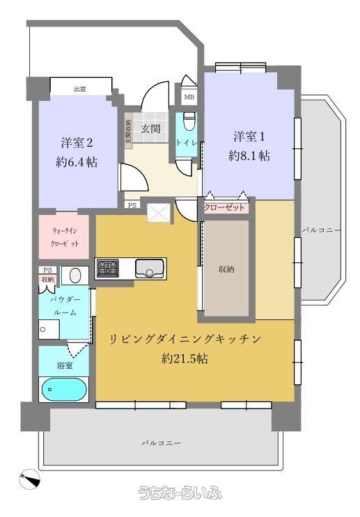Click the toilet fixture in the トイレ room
[x=189, y=120]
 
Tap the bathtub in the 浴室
[x=64, y=390]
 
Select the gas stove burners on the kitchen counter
[x=107, y=268]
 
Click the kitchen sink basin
[x=150, y=268]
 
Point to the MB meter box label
[x=189, y=97]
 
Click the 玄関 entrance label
[x=151, y=129]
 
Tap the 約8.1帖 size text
[x=249, y=156]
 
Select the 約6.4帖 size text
[x=77, y=162]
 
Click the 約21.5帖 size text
[x=185, y=358]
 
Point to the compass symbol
[x=29, y=479]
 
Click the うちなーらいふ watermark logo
[x=180, y=493]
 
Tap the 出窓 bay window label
[x=80, y=89]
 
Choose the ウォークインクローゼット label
[x=65, y=237]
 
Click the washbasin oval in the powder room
[x=75, y=275]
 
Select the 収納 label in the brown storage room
[x=226, y=269]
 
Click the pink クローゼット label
[x=224, y=208]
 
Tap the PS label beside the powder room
[x=48, y=270]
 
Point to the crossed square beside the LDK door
[x=158, y=214]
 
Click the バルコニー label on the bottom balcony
[x=162, y=443]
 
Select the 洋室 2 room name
[x=77, y=143]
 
